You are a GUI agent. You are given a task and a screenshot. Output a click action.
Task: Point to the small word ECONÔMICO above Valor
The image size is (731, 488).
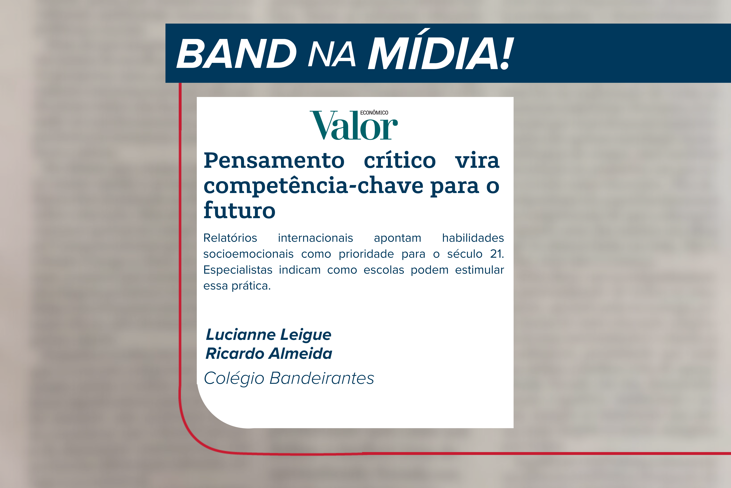coord(374,113)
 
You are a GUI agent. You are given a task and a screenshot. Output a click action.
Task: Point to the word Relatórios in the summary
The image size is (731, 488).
coord(230,238)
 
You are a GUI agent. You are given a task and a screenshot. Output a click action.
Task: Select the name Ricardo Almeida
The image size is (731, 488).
coord(269,354)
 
